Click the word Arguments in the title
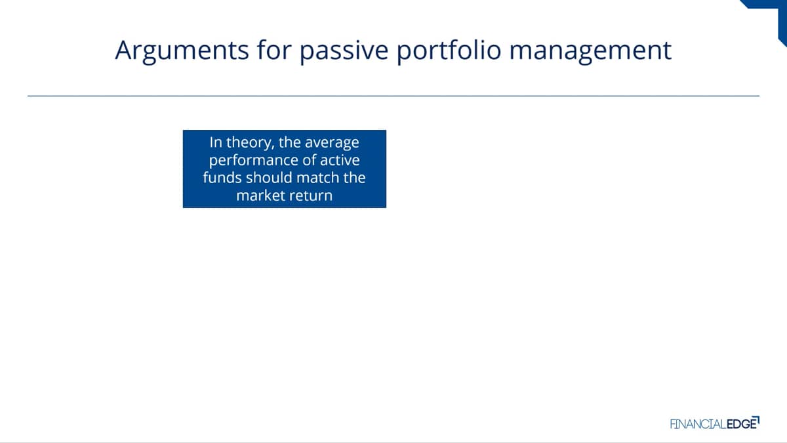(x=182, y=51)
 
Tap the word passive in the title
(x=344, y=51)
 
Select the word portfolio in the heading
(x=449, y=51)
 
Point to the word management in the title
(x=590, y=51)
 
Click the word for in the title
(x=274, y=50)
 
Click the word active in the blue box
(x=340, y=160)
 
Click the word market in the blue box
(x=260, y=196)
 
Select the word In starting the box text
(x=216, y=142)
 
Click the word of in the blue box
(x=309, y=160)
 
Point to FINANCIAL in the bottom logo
(x=698, y=425)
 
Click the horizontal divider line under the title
(x=393, y=96)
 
